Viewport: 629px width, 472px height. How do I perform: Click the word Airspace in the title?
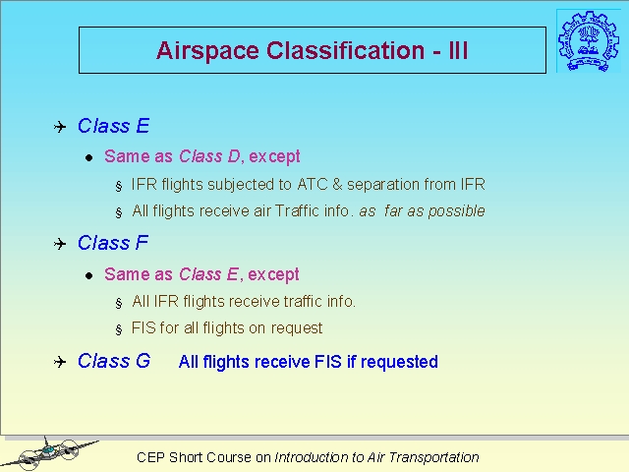click(207, 51)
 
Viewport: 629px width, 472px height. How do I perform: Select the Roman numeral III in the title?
click(458, 50)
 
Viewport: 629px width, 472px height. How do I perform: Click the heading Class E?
click(114, 126)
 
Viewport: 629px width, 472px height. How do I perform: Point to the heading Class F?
click(113, 243)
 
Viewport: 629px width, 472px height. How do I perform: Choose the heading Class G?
click(114, 361)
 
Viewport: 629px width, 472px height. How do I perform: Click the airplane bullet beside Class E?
click(60, 127)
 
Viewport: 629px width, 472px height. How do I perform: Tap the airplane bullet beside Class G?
click(60, 362)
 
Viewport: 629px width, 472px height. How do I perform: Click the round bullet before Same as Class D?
click(89, 157)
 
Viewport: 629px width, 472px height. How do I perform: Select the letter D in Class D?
click(234, 156)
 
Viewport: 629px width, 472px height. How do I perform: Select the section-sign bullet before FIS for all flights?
click(119, 330)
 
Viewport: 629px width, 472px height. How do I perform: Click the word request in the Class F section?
click(297, 328)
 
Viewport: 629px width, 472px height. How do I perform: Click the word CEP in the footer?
click(150, 457)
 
